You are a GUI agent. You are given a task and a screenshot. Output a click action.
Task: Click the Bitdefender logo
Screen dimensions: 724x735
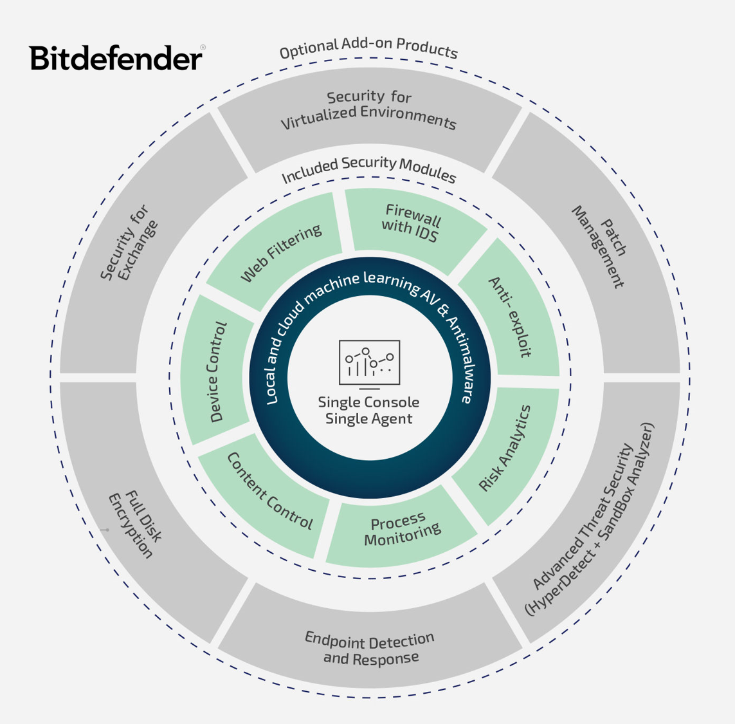click(x=116, y=58)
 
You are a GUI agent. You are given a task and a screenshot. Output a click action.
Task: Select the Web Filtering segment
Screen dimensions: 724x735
click(x=280, y=253)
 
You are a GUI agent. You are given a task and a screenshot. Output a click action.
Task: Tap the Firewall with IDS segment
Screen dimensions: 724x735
click(x=412, y=225)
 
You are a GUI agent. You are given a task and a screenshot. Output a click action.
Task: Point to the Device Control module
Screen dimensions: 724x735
click(x=217, y=372)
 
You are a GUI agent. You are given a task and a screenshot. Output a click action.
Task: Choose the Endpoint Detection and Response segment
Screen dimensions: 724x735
click(x=370, y=648)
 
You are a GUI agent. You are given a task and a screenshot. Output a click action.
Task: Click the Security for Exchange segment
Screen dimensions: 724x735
click(x=129, y=243)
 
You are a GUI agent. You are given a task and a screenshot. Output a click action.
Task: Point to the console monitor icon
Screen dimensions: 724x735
click(x=369, y=364)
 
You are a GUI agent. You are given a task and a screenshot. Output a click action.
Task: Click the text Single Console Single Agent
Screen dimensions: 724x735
click(x=368, y=411)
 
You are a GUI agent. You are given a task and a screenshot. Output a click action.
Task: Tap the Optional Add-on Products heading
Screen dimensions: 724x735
click(x=368, y=48)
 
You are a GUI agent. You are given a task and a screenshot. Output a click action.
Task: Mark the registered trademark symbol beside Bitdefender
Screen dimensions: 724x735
click(x=203, y=48)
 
